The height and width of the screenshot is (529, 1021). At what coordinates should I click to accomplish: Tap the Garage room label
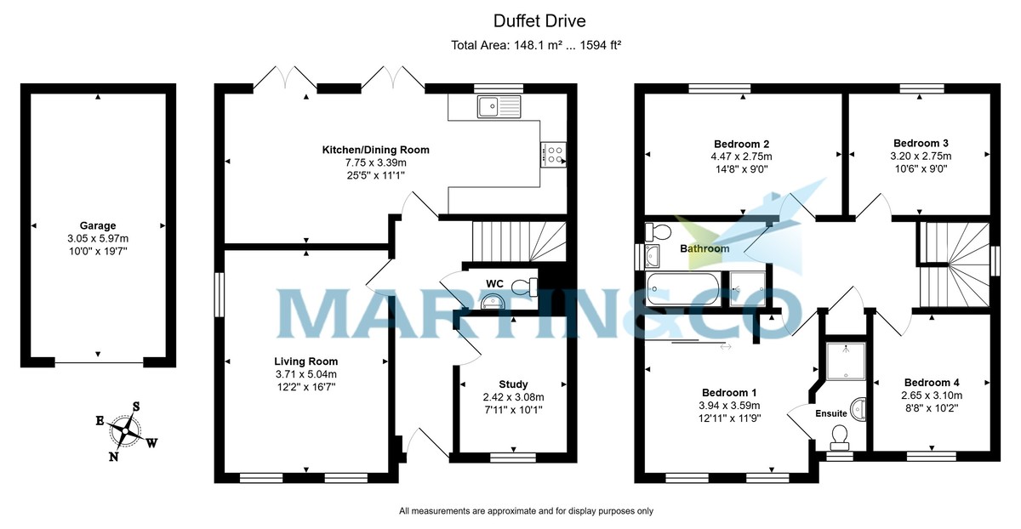(98, 225)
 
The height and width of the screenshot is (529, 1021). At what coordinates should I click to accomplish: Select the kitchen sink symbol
(499, 106)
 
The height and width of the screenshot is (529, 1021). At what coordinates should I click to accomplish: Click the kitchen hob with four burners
(553, 154)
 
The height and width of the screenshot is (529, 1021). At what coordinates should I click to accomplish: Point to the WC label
(495, 282)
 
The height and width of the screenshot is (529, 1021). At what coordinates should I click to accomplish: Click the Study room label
(513, 384)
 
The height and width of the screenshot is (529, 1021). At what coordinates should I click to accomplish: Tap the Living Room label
(305, 361)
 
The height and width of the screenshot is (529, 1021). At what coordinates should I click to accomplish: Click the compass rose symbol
(125, 430)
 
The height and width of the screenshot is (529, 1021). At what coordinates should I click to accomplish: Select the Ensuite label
(831, 414)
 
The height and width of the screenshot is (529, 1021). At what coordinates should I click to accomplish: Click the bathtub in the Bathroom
(683, 289)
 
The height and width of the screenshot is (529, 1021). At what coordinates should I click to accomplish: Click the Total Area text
(536, 45)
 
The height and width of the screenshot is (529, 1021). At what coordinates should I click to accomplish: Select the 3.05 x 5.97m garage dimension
(98, 239)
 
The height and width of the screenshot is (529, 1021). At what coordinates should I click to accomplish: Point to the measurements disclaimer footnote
(526, 511)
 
